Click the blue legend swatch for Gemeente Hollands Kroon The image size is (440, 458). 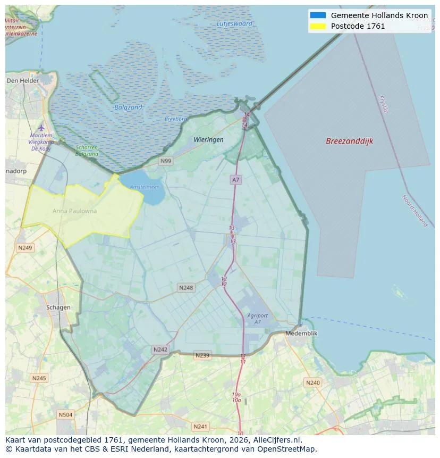tap(318, 15)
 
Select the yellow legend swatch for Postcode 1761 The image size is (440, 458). tap(318, 26)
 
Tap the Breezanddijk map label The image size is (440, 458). tap(349, 141)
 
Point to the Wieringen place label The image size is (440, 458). tap(208, 139)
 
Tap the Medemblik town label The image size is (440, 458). tap(301, 333)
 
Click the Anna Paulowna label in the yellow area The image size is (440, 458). tap(75, 211)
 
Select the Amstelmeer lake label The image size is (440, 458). tap(145, 187)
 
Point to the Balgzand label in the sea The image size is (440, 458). tap(128, 107)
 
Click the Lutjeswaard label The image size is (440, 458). tap(234, 23)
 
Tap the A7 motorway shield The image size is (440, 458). tap(236, 180)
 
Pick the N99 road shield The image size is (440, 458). tap(166, 161)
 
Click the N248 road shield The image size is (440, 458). tap(186, 287)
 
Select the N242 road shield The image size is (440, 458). tap(160, 349)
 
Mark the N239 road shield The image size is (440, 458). tap(202, 355)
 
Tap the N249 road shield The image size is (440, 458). tap(25, 248)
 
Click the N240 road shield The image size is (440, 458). tap(312, 382)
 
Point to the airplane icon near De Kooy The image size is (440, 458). tap(41, 128)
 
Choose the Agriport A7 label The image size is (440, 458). tap(257, 319)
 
